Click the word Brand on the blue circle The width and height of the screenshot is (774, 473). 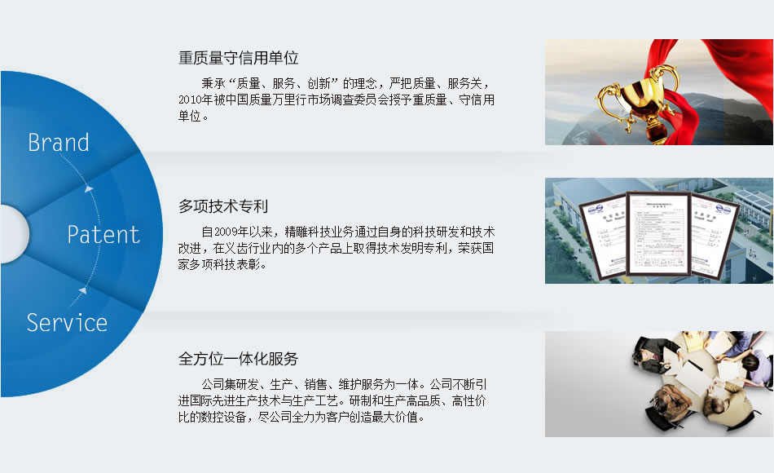coord(58,143)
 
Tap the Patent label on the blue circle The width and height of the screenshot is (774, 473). coord(103,234)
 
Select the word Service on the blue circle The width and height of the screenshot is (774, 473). coord(67,323)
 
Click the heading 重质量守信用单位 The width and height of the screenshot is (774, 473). coord(239,58)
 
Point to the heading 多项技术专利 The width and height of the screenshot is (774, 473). coord(223,206)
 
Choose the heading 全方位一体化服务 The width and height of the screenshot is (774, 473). coord(239,358)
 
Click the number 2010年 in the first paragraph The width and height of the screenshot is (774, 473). coord(196,99)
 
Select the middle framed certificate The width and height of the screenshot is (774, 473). coord(658,232)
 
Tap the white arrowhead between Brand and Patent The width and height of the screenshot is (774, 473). coord(89,188)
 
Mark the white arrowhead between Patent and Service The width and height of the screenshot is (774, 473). coord(83,290)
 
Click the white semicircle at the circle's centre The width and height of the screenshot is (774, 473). coord(15,234)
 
